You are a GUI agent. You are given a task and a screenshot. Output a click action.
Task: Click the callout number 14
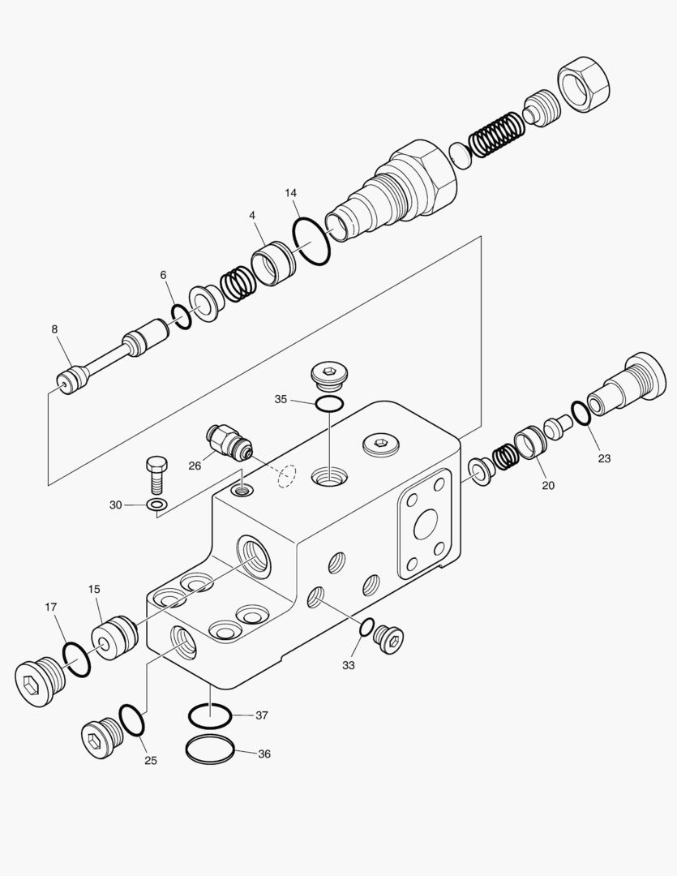pyautogui.click(x=290, y=193)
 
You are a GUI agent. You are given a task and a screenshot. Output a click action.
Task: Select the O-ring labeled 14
pyautogui.click(x=311, y=242)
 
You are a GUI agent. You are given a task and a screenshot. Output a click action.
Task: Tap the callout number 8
pyautogui.click(x=54, y=329)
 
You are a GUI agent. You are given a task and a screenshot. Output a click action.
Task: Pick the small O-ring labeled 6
pyautogui.click(x=182, y=316)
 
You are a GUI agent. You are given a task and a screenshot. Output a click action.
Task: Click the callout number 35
pyautogui.click(x=281, y=399)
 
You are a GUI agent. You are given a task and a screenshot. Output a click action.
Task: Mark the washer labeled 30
pyautogui.click(x=157, y=505)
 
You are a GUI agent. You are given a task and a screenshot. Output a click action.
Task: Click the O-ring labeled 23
pyautogui.click(x=581, y=413)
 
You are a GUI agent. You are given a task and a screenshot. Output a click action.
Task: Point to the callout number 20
pyautogui.click(x=548, y=485)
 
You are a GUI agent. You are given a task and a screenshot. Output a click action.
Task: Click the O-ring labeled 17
pyautogui.click(x=76, y=659)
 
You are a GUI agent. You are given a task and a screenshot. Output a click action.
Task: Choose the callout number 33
pyautogui.click(x=349, y=665)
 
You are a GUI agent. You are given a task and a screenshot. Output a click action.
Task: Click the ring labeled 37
pyautogui.click(x=210, y=716)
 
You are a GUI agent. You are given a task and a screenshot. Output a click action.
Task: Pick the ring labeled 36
pyautogui.click(x=211, y=750)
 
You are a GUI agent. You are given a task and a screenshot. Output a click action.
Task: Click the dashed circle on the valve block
pyautogui.click(x=286, y=477)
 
